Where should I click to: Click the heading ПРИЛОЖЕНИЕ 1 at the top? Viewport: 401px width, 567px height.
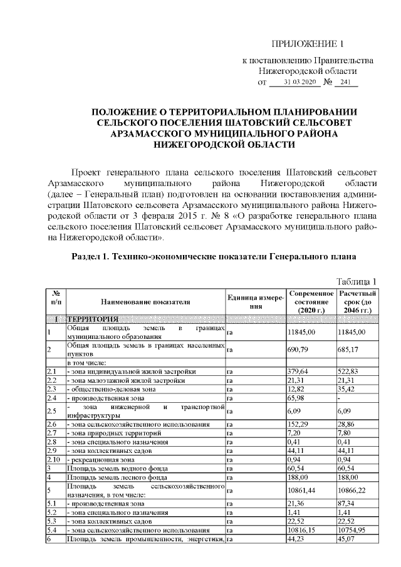[308, 43]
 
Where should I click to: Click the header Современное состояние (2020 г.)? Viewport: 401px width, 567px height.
[311, 302]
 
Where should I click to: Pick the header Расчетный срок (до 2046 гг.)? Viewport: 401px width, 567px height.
[357, 302]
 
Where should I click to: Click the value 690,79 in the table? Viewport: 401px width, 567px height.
[299, 350]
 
